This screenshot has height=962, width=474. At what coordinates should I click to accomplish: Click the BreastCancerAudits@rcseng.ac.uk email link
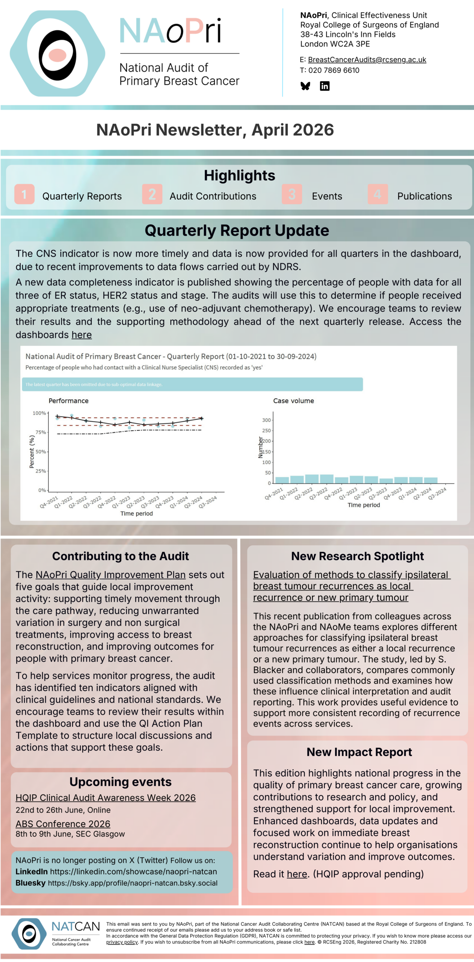click(x=367, y=60)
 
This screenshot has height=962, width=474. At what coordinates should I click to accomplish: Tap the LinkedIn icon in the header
click(x=325, y=86)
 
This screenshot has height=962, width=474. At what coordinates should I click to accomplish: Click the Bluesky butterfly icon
click(x=305, y=86)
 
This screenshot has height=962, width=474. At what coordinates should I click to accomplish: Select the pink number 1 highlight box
click(x=24, y=194)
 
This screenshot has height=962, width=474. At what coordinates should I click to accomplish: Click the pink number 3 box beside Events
click(x=292, y=194)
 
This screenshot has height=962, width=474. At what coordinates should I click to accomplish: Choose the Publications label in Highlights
click(x=424, y=196)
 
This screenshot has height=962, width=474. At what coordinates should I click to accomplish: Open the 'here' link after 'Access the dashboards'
click(x=82, y=335)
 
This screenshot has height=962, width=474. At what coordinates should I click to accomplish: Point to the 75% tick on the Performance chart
click(x=41, y=432)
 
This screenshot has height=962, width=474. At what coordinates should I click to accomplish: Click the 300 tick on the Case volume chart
click(x=266, y=420)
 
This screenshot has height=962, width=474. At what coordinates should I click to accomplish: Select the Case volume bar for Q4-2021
click(x=282, y=480)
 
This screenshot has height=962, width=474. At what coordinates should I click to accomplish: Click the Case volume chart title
click(x=293, y=401)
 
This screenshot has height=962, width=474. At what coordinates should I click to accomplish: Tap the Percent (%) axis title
click(x=32, y=452)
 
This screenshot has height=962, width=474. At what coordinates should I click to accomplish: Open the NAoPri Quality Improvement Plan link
click(x=110, y=575)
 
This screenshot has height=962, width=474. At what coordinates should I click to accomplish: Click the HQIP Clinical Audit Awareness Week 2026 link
click(x=106, y=798)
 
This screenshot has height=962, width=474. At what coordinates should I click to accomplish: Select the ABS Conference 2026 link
click(x=63, y=824)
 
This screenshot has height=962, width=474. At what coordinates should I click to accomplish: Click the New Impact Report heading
click(x=359, y=752)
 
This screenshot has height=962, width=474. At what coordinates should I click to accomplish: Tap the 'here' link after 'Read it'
click(x=297, y=874)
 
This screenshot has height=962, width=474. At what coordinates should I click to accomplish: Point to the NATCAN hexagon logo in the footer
click(x=29, y=934)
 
